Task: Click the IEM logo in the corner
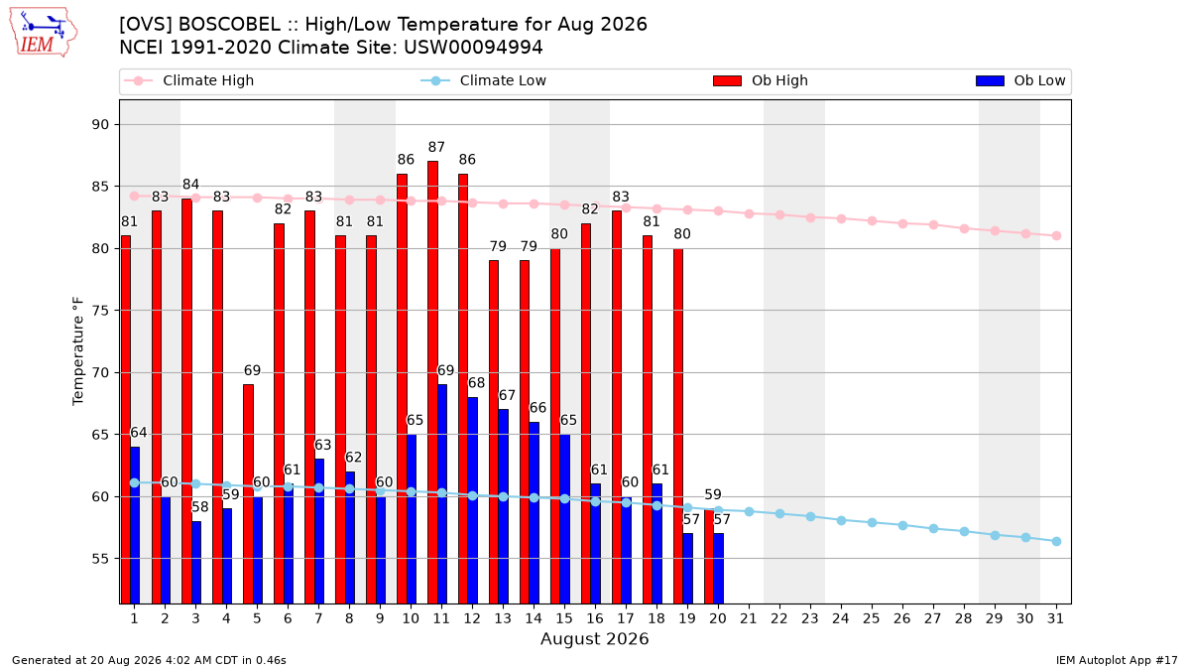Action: pos(44,33)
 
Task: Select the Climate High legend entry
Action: pos(188,80)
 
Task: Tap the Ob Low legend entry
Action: pos(1020,80)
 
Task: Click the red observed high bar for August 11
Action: pos(433,382)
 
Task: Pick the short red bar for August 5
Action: pos(249,494)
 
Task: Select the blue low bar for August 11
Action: pos(442,494)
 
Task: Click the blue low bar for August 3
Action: pos(196,563)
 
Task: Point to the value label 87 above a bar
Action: pos(436,147)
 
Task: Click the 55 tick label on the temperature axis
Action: pos(100,559)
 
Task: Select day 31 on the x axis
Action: pos(1055,618)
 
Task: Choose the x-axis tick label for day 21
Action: pos(749,618)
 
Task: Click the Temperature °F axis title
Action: pos(78,351)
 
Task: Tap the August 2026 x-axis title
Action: pos(594,638)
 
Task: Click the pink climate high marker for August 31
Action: pos(1056,235)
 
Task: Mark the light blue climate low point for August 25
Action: pos(872,523)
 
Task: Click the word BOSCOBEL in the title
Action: pos(229,25)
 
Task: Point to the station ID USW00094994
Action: pos(473,48)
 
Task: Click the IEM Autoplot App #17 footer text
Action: pos(1117,660)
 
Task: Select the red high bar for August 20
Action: pos(709,556)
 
